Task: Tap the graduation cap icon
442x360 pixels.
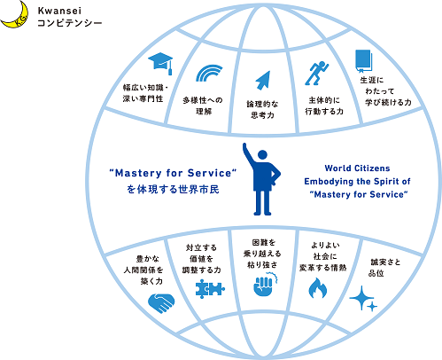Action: coord(160,63)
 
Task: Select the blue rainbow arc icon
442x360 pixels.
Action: coord(209,73)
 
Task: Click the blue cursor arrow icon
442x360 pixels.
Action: coord(263,80)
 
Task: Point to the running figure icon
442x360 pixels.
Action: coord(316,74)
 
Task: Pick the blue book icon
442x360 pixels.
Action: coord(363,61)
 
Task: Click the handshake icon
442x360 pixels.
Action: coord(161,302)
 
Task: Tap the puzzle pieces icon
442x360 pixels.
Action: coord(210,289)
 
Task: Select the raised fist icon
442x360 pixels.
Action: coord(265,285)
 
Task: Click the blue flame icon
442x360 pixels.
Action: coord(318,288)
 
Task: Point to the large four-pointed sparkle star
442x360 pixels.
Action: coord(361,298)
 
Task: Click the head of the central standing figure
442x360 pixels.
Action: coord(262,155)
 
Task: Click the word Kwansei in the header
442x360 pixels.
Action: coord(59,12)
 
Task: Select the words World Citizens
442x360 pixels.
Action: coord(357,168)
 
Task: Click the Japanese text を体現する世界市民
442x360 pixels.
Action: coord(173,189)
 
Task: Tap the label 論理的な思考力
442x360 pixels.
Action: coord(262,109)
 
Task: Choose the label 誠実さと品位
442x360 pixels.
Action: coord(384,268)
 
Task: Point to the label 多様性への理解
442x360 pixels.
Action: coord(203,106)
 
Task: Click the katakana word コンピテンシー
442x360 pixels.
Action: coord(70,23)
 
